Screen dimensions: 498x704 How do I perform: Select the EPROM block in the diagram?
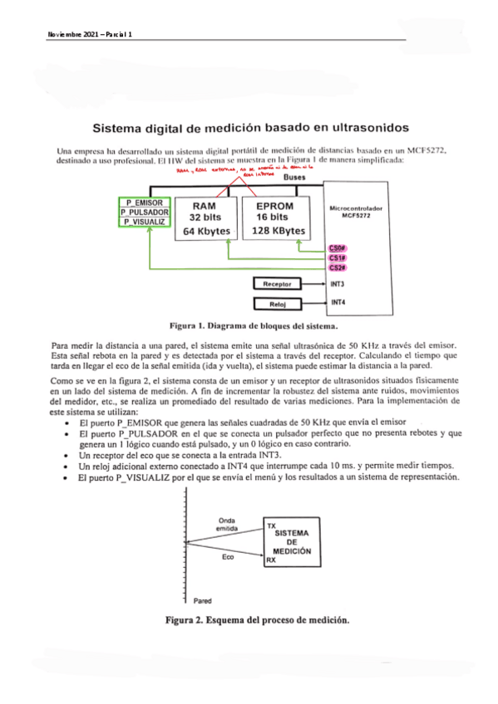pyautogui.click(x=274, y=219)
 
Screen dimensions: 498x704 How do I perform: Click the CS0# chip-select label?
pyautogui.click(x=338, y=247)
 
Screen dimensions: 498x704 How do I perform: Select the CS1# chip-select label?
pyautogui.click(x=338, y=257)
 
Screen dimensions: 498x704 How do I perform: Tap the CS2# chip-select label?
pyautogui.click(x=338, y=267)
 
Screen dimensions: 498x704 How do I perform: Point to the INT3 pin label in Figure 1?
pyautogui.click(x=338, y=284)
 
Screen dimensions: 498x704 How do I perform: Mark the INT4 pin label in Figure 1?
pyautogui.click(x=338, y=302)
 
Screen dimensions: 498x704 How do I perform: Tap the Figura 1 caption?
pyautogui.click(x=239, y=326)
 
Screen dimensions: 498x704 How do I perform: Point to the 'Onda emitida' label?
pyautogui.click(x=226, y=525)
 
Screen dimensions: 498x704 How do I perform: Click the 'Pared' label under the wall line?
pyautogui.click(x=202, y=599)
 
